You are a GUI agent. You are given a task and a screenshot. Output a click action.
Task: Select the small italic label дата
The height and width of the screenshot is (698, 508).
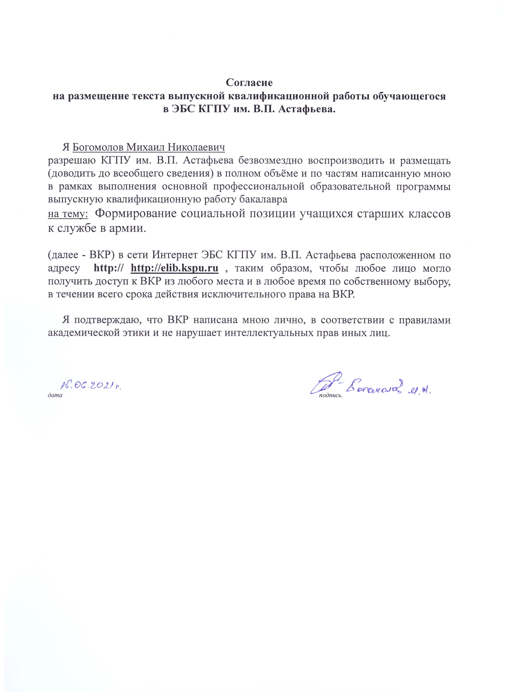(55, 396)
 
